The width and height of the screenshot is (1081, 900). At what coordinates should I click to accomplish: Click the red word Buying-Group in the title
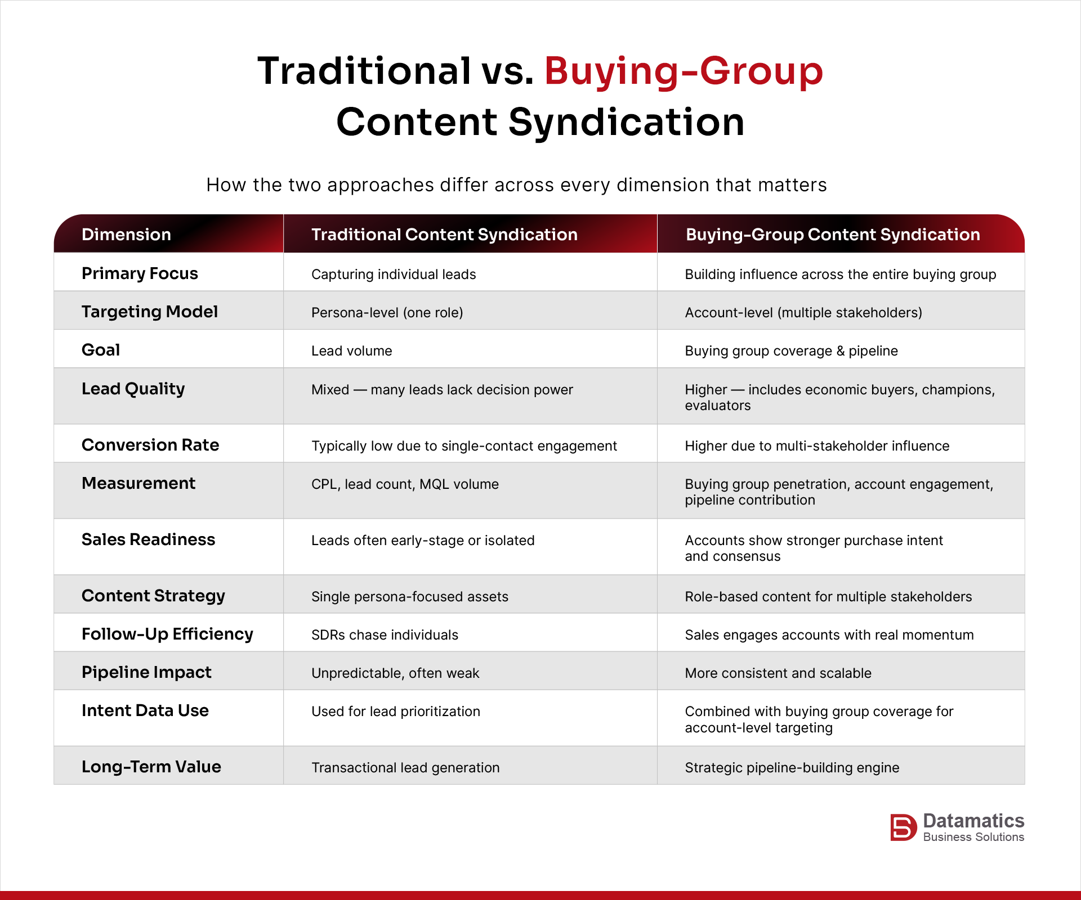pos(684,72)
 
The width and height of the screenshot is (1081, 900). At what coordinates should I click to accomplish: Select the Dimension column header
pos(126,235)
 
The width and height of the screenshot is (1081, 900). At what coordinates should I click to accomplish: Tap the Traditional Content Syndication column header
pos(444,235)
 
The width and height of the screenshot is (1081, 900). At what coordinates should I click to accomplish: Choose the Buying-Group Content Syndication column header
pos(833,235)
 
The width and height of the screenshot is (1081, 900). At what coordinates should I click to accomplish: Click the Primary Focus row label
pos(140,273)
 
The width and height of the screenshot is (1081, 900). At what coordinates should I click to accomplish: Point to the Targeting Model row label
pos(149,312)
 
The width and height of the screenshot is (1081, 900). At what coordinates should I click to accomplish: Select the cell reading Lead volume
pos(351,351)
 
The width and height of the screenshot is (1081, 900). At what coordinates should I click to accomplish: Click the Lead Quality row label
pos(133,389)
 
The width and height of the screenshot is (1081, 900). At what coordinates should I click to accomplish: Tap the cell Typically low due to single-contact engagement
pos(464,446)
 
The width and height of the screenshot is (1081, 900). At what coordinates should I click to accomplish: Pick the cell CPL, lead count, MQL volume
pos(405,484)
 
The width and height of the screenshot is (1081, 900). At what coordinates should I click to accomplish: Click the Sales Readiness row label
pos(148,539)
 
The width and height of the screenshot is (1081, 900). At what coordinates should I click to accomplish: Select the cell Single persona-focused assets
pos(409,597)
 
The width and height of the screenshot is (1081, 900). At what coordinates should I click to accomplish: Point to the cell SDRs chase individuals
pos(385,635)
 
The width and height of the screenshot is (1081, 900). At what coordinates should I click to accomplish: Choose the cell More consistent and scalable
pos(778,673)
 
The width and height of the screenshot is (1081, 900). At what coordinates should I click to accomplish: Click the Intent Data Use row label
pos(145,710)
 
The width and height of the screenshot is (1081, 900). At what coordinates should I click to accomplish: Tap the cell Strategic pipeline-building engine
pos(792,768)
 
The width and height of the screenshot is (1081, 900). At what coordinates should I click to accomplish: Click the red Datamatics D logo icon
pos(903,827)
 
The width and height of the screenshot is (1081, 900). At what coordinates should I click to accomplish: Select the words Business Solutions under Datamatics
pos(973,837)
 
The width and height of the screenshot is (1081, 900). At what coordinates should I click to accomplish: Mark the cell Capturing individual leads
pos(394,274)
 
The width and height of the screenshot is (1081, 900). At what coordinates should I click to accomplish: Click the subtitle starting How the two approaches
pos(516,185)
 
